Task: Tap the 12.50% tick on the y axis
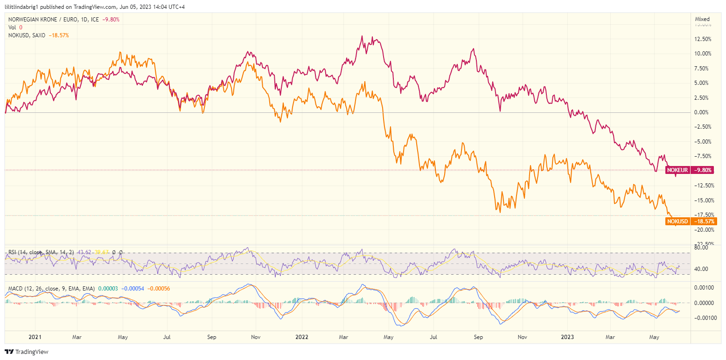[702, 39]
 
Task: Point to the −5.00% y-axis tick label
[702, 142]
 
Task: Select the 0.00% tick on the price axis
[703, 112]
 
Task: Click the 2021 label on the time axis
[35, 337]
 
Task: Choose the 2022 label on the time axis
[302, 337]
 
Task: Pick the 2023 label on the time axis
[567, 337]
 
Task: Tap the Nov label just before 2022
[255, 337]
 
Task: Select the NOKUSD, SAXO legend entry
[27, 35]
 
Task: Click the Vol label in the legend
[12, 28]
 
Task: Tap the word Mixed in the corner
[702, 19]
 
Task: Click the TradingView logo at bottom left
[27, 352]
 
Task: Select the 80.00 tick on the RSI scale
[702, 248]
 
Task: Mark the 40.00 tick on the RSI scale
[702, 269]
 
